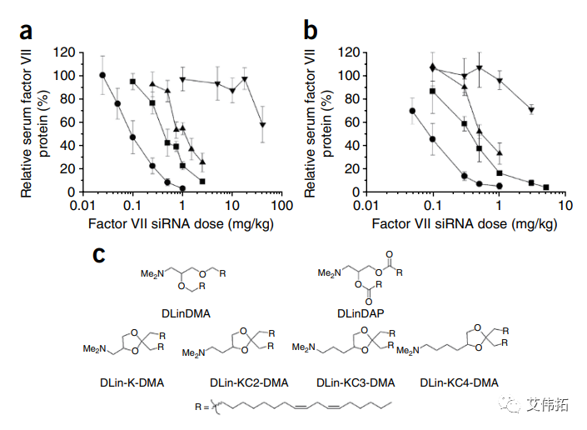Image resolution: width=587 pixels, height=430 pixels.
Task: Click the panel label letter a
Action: tap(27, 32)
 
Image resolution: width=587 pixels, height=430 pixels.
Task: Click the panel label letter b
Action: tap(310, 32)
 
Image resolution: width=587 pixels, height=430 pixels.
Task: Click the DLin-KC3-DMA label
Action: tap(356, 382)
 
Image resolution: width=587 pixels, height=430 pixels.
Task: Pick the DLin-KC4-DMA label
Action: tap(460, 382)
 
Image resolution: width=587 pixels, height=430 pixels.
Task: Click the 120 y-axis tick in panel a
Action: tap(62, 52)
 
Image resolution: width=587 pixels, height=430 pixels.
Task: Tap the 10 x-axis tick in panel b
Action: tap(565, 205)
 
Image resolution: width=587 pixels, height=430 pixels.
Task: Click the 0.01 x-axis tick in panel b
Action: tap(363, 205)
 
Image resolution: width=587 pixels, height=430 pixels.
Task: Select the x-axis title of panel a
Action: tap(180, 224)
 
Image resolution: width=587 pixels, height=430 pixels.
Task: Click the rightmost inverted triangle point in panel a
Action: tap(263, 125)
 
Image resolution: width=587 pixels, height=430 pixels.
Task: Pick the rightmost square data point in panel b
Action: tap(546, 187)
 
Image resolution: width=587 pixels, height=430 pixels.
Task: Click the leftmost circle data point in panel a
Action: tap(102, 76)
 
